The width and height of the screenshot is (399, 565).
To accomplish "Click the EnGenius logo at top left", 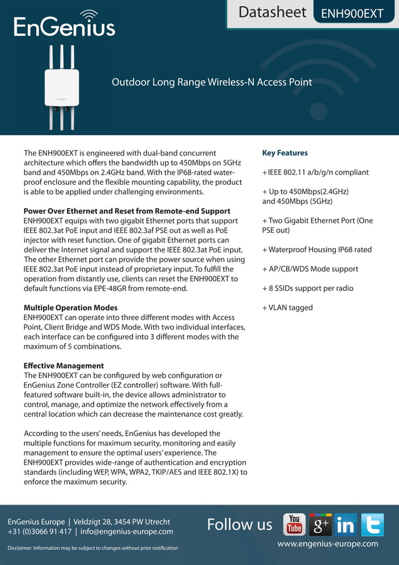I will click(64, 24).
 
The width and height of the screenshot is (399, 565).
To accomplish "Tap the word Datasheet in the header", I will click(272, 13).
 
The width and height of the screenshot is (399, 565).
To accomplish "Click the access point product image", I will click(61, 87).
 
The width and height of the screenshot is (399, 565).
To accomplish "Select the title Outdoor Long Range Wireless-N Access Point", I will click(211, 82).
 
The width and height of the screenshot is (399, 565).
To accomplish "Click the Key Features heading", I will click(285, 153).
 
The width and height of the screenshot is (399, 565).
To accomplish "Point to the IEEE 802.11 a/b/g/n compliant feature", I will click(315, 172).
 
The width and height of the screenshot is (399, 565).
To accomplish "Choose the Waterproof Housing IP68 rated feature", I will click(316, 249).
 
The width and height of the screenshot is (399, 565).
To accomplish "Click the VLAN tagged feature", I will click(287, 308).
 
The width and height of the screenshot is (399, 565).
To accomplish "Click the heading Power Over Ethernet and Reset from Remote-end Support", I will click(127, 211).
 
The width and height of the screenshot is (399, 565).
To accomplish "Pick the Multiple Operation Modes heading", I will click(71, 308).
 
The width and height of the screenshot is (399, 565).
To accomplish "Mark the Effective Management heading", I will click(64, 366).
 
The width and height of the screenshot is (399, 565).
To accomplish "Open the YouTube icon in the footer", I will click(294, 524).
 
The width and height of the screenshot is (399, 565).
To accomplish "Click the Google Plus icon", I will click(320, 524).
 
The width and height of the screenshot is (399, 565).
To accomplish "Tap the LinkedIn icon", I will click(345, 524).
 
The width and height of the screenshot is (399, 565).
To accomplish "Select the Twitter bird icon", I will click(372, 524).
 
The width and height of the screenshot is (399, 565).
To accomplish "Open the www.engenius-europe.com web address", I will click(328, 544).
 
